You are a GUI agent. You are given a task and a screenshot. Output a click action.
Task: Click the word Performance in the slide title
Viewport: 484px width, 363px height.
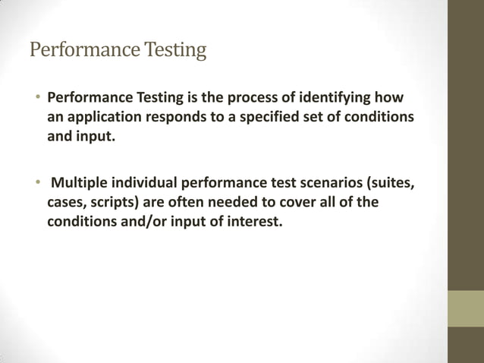(x=79, y=51)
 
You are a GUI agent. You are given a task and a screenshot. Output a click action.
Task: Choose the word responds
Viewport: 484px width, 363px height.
(x=177, y=119)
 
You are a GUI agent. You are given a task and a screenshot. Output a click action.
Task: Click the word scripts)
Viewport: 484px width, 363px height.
(x=113, y=204)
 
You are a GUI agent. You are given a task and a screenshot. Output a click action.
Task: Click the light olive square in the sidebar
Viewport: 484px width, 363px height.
(x=465, y=309)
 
